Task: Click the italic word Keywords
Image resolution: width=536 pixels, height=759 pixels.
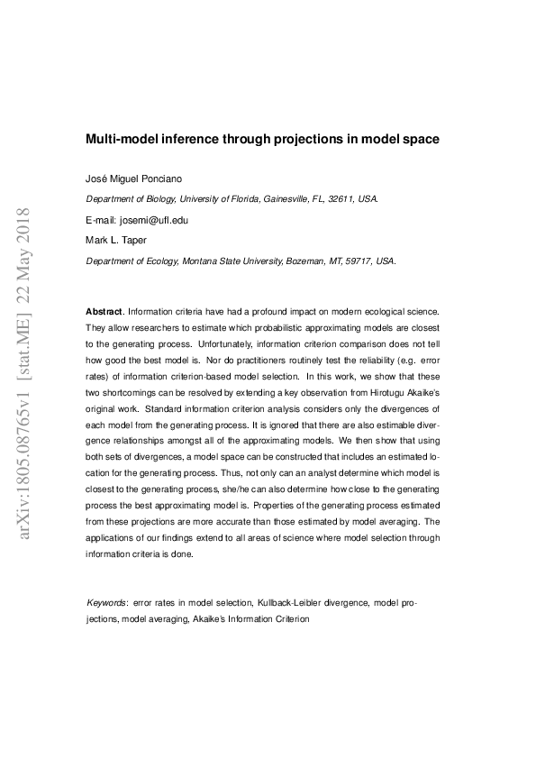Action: click(x=106, y=601)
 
